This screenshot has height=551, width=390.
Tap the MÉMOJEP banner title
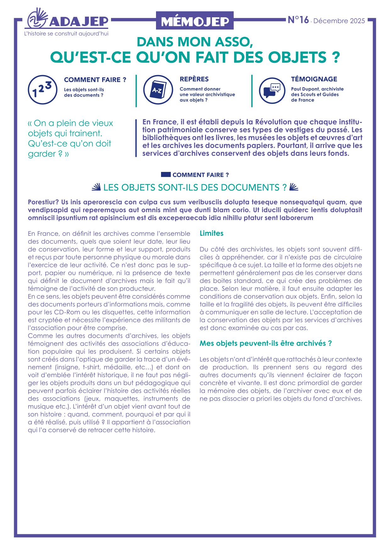[195, 21]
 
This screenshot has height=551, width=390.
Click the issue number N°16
[298, 20]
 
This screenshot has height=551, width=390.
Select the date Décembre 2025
[339, 21]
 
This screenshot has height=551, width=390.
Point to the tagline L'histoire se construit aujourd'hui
[66, 34]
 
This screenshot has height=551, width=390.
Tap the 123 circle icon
[42, 90]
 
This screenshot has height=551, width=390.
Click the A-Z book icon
[158, 90]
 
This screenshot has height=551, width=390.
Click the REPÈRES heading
[194, 79]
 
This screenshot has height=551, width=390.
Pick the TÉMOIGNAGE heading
[314, 79]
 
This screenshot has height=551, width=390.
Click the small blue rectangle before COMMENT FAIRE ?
[166, 174]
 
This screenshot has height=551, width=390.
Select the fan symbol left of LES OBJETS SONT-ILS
[96, 187]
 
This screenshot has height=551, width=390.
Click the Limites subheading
[211, 233]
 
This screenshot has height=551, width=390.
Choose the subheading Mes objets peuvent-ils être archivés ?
[265, 343]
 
